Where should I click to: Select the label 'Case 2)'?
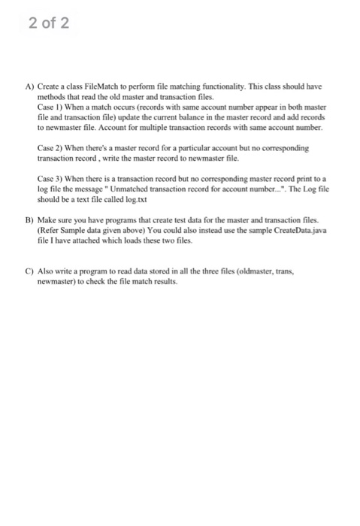49,150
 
